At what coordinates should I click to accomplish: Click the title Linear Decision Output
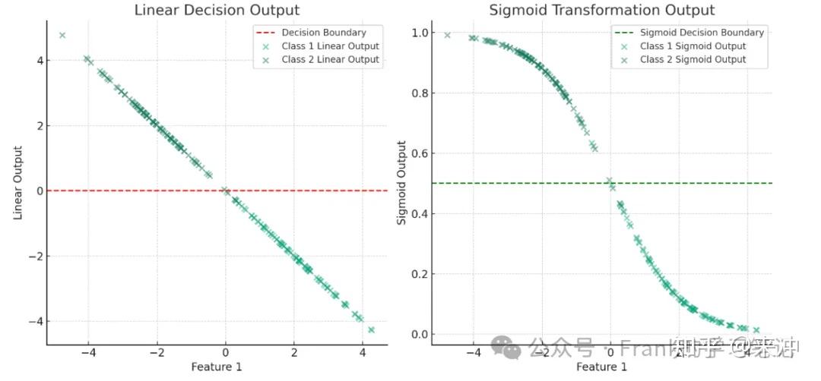[x=217, y=10]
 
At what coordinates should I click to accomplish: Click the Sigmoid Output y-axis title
[x=403, y=183]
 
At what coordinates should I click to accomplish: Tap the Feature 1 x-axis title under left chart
[x=217, y=367]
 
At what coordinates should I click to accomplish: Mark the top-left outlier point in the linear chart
[x=62, y=35]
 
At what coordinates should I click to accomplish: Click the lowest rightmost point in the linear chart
[x=371, y=329]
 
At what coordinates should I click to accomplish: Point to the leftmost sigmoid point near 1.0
[x=447, y=35]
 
